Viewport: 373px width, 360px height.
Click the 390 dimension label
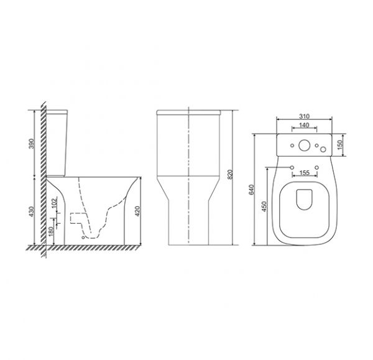click(32, 144)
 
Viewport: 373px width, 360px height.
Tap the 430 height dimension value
click(32, 211)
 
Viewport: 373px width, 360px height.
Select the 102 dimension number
click(55, 202)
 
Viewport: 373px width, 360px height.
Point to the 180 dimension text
click(51, 231)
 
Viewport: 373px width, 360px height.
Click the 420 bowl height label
click(137, 211)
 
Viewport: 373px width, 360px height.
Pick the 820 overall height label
click(230, 175)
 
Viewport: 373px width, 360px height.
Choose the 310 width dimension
click(304, 116)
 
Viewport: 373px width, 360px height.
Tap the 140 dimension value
click(304, 125)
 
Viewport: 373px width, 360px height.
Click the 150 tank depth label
click(339, 145)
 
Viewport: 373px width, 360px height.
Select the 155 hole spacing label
click(305, 172)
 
